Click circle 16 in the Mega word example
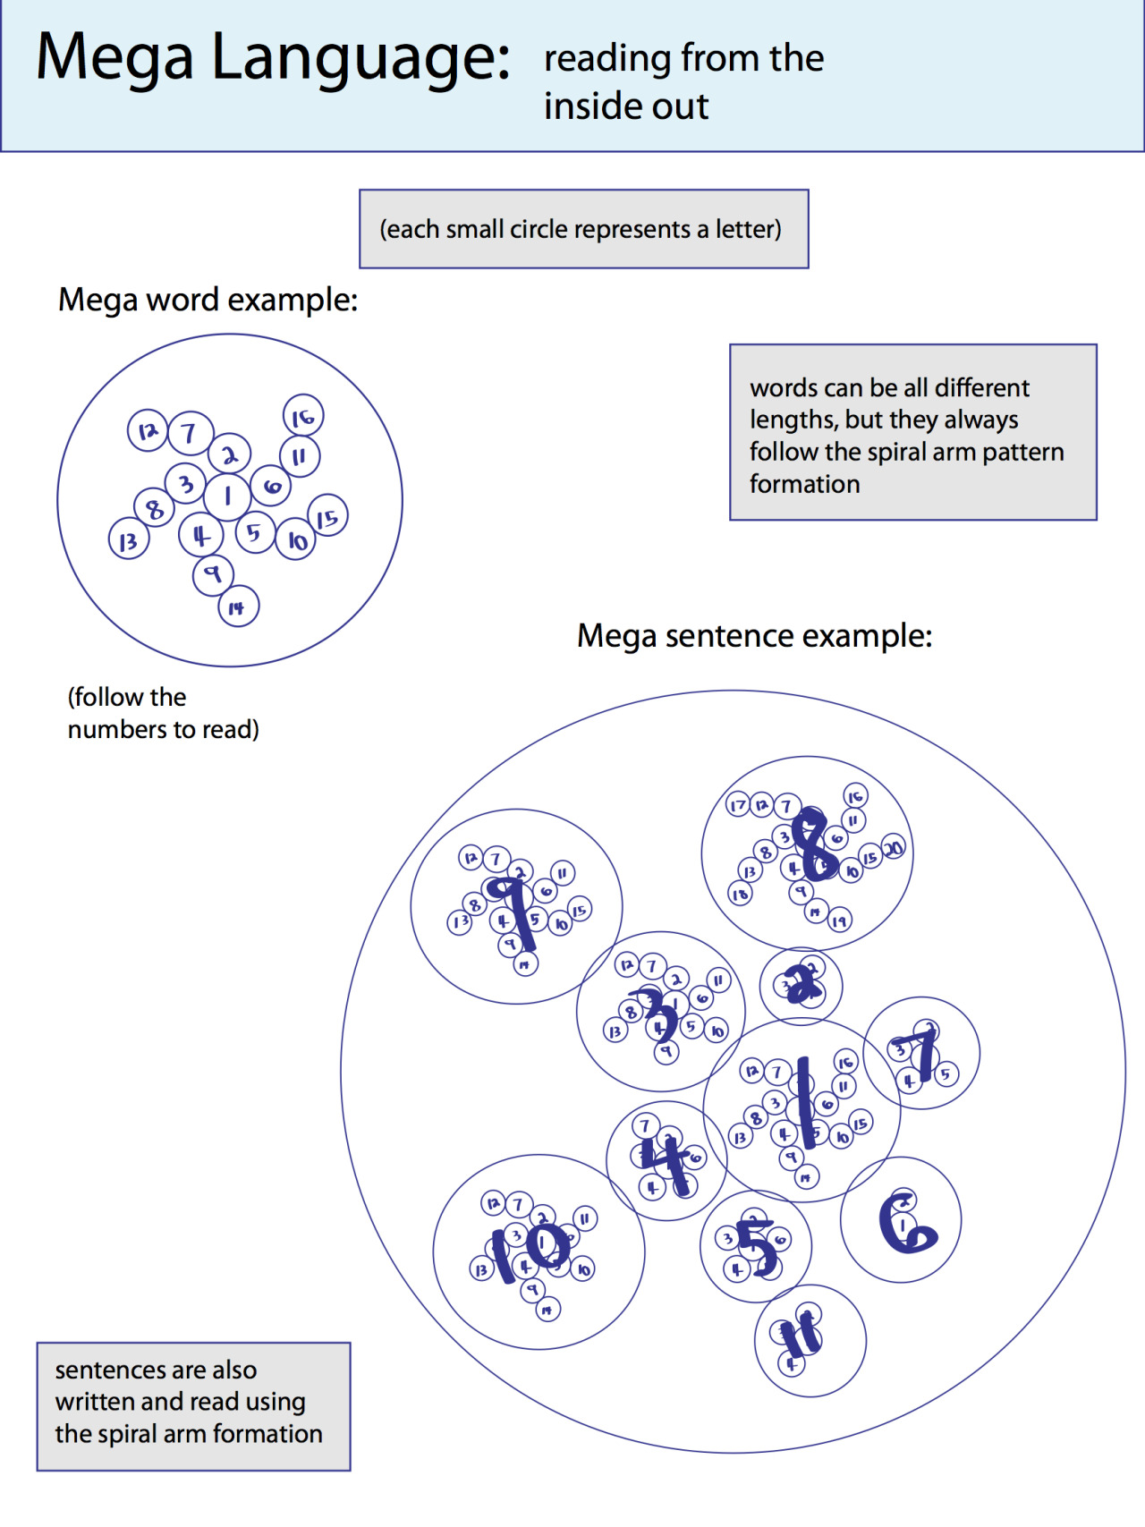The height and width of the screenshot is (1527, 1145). coord(303,416)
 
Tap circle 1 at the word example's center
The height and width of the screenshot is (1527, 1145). coord(227,496)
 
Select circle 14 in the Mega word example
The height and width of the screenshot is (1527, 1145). coord(238,607)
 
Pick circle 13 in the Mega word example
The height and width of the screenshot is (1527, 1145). coord(129,540)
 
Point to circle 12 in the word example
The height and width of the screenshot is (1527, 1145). coord(148,430)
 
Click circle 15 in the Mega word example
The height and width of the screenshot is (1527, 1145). coord(328,516)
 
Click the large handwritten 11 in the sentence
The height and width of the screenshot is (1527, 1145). coord(801,1336)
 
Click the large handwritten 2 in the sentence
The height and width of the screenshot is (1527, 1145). coord(802,985)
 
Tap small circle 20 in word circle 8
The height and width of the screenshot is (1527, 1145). coord(893,848)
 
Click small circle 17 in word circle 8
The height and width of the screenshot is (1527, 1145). coord(738,805)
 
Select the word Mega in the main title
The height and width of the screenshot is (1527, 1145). coord(114,58)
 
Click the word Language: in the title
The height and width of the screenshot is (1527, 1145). coord(360,58)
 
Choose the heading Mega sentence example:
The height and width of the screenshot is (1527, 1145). coord(754,636)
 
